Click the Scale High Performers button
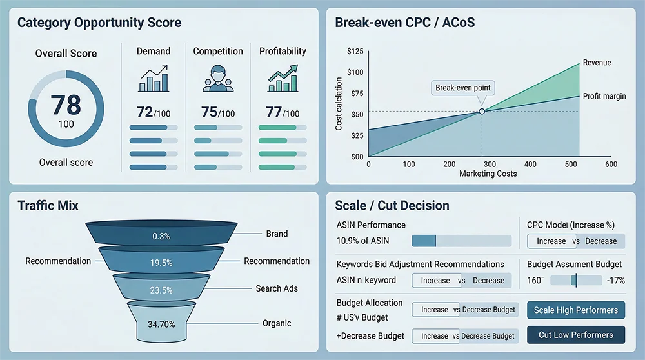pyautogui.click(x=576, y=310)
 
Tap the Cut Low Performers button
pyautogui.click(x=576, y=335)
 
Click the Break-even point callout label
pyautogui.click(x=462, y=88)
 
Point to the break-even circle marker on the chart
pyautogui.click(x=482, y=112)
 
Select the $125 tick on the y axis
pyautogui.click(x=355, y=52)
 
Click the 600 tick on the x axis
pyautogui.click(x=611, y=165)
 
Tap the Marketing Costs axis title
pyautogui.click(x=488, y=174)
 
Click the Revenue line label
pyautogui.click(x=597, y=63)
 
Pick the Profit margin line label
pyautogui.click(x=605, y=96)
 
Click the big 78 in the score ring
pyautogui.click(x=66, y=104)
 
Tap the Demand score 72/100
pyautogui.click(x=154, y=112)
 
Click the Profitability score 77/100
pyautogui.click(x=283, y=112)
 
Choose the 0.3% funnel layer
pyautogui.click(x=161, y=236)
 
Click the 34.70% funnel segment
pyautogui.click(x=161, y=324)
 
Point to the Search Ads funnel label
pyautogui.click(x=277, y=288)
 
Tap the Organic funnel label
pyautogui.click(x=277, y=323)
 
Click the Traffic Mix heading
pyautogui.click(x=48, y=206)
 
